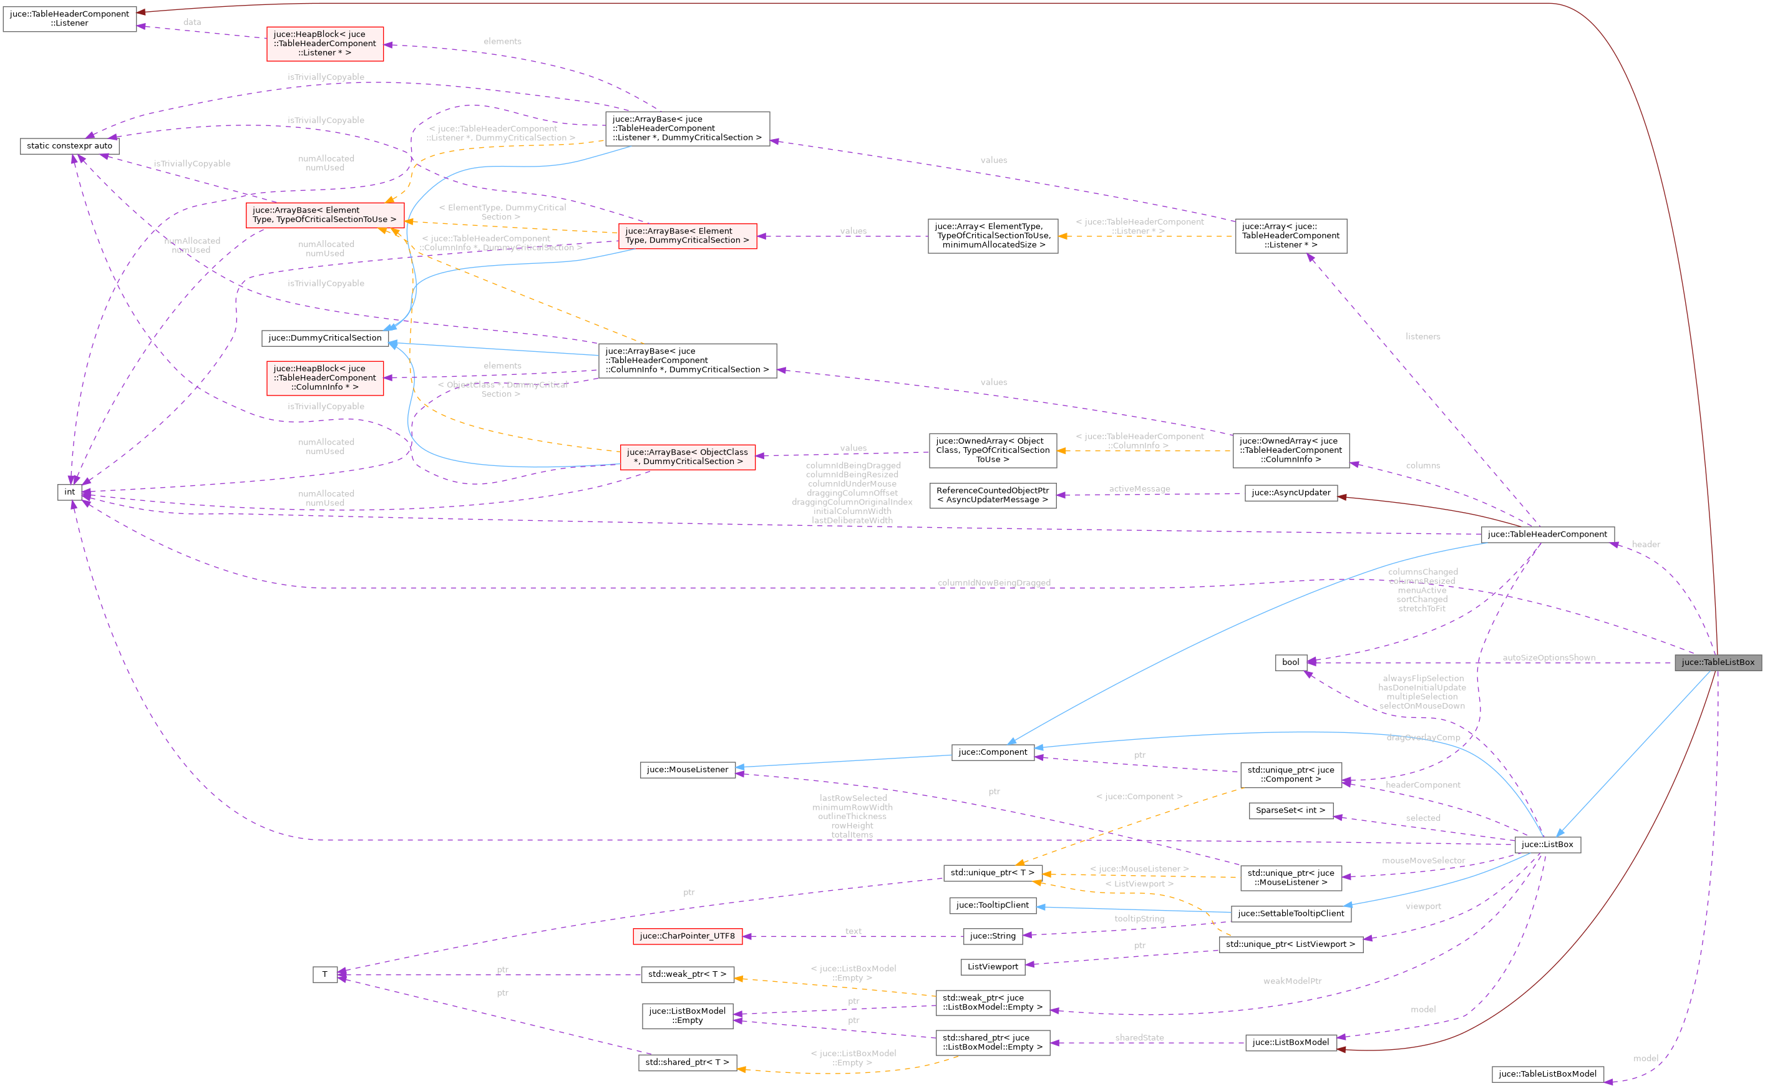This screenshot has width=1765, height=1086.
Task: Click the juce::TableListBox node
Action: click(1718, 662)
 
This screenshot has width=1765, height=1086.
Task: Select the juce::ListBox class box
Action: click(1547, 845)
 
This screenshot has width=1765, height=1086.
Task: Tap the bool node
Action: click(1290, 662)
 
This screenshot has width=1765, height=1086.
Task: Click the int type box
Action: click(69, 492)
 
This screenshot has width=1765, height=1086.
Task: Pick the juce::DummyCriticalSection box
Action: click(324, 337)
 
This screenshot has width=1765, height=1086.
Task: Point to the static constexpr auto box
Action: click(70, 146)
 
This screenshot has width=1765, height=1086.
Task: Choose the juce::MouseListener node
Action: click(688, 770)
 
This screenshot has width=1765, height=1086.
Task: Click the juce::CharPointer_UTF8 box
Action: click(688, 936)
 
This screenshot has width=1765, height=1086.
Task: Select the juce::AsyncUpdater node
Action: click(1291, 493)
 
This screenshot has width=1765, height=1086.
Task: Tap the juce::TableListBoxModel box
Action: click(1547, 1074)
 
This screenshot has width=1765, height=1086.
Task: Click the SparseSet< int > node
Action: click(1290, 810)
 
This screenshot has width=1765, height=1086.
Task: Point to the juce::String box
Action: click(993, 936)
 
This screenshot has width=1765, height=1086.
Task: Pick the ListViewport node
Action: click(993, 967)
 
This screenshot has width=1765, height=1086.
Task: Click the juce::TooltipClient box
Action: click(993, 905)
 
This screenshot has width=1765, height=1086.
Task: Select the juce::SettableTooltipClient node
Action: click(1291, 914)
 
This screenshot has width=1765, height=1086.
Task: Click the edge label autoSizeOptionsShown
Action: click(1549, 657)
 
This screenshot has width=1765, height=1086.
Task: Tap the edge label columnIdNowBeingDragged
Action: click(993, 583)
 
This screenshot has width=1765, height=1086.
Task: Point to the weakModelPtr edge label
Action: click(1291, 981)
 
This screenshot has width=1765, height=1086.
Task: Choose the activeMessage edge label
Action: click(1139, 489)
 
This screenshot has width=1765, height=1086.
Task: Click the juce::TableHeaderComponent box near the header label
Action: click(1547, 535)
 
